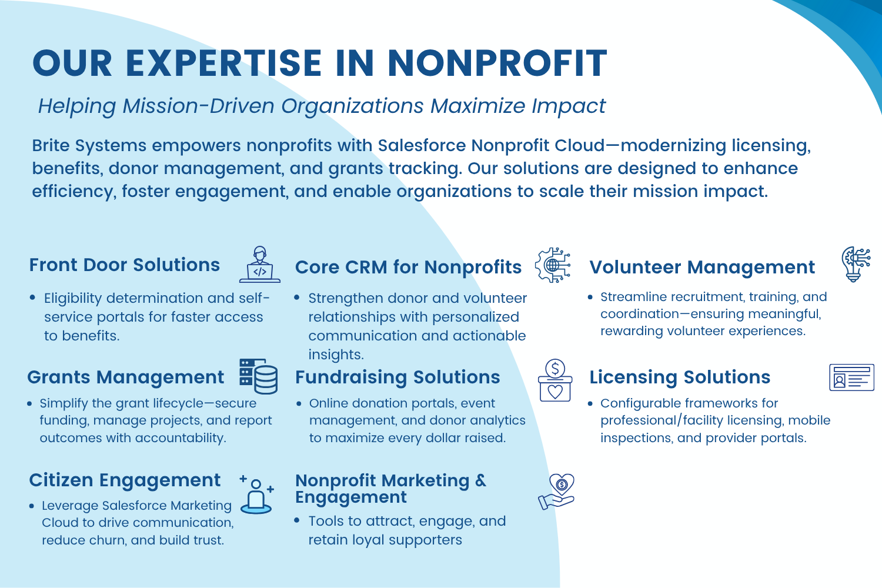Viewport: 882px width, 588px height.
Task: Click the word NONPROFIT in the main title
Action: point(497,63)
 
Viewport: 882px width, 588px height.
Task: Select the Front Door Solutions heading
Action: point(125,265)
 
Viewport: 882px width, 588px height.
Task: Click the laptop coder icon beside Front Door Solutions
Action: point(260,264)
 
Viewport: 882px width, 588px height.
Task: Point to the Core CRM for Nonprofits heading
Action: point(408,267)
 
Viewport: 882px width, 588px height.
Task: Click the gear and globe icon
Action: point(553,265)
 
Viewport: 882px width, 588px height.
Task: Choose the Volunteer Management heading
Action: point(702,267)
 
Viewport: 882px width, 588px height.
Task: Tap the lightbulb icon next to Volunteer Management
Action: point(856,264)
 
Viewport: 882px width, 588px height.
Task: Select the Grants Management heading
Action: point(126,377)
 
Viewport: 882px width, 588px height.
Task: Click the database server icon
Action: point(259,376)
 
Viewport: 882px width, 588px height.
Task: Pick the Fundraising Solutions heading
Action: point(397,377)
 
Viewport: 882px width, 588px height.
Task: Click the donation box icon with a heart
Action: point(555,380)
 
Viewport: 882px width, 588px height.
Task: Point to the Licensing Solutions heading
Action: point(680,377)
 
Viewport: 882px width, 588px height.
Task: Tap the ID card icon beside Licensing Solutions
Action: point(851,377)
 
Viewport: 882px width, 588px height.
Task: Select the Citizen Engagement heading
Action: point(125,480)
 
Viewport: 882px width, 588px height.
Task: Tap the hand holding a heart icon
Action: point(556,492)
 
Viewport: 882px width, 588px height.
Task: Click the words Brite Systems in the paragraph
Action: point(89,146)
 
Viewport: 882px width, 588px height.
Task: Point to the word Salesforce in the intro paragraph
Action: point(422,145)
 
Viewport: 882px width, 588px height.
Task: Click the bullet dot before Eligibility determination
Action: point(33,298)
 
